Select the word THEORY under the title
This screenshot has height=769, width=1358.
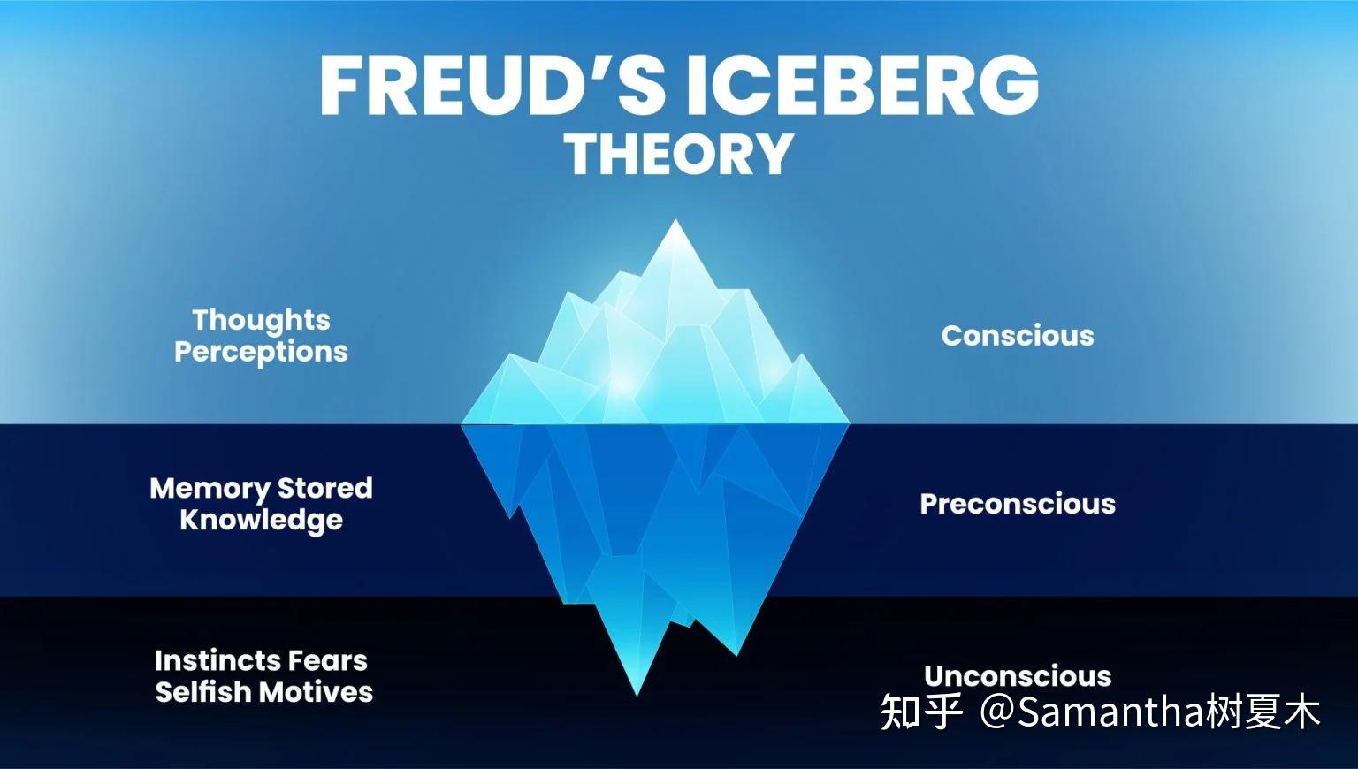click(x=679, y=154)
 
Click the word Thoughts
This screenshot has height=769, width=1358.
click(x=262, y=321)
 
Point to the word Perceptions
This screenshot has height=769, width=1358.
click(x=262, y=352)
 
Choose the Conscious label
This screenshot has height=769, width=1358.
click(x=1018, y=336)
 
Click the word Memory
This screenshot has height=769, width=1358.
click(x=210, y=489)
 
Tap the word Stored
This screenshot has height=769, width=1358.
click(x=325, y=489)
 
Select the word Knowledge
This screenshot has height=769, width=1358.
click(x=262, y=521)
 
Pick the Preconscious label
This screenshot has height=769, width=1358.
click(x=1018, y=504)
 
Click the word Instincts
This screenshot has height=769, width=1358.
click(x=217, y=661)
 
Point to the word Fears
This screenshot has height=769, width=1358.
click(x=328, y=661)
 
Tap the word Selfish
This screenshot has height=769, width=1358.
click(x=203, y=692)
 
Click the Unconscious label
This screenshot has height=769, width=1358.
click(x=1018, y=676)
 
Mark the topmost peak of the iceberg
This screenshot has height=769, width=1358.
click(x=675, y=220)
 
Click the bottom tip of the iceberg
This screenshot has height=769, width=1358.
click(x=637, y=696)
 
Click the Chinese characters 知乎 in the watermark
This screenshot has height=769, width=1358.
click(x=921, y=712)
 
